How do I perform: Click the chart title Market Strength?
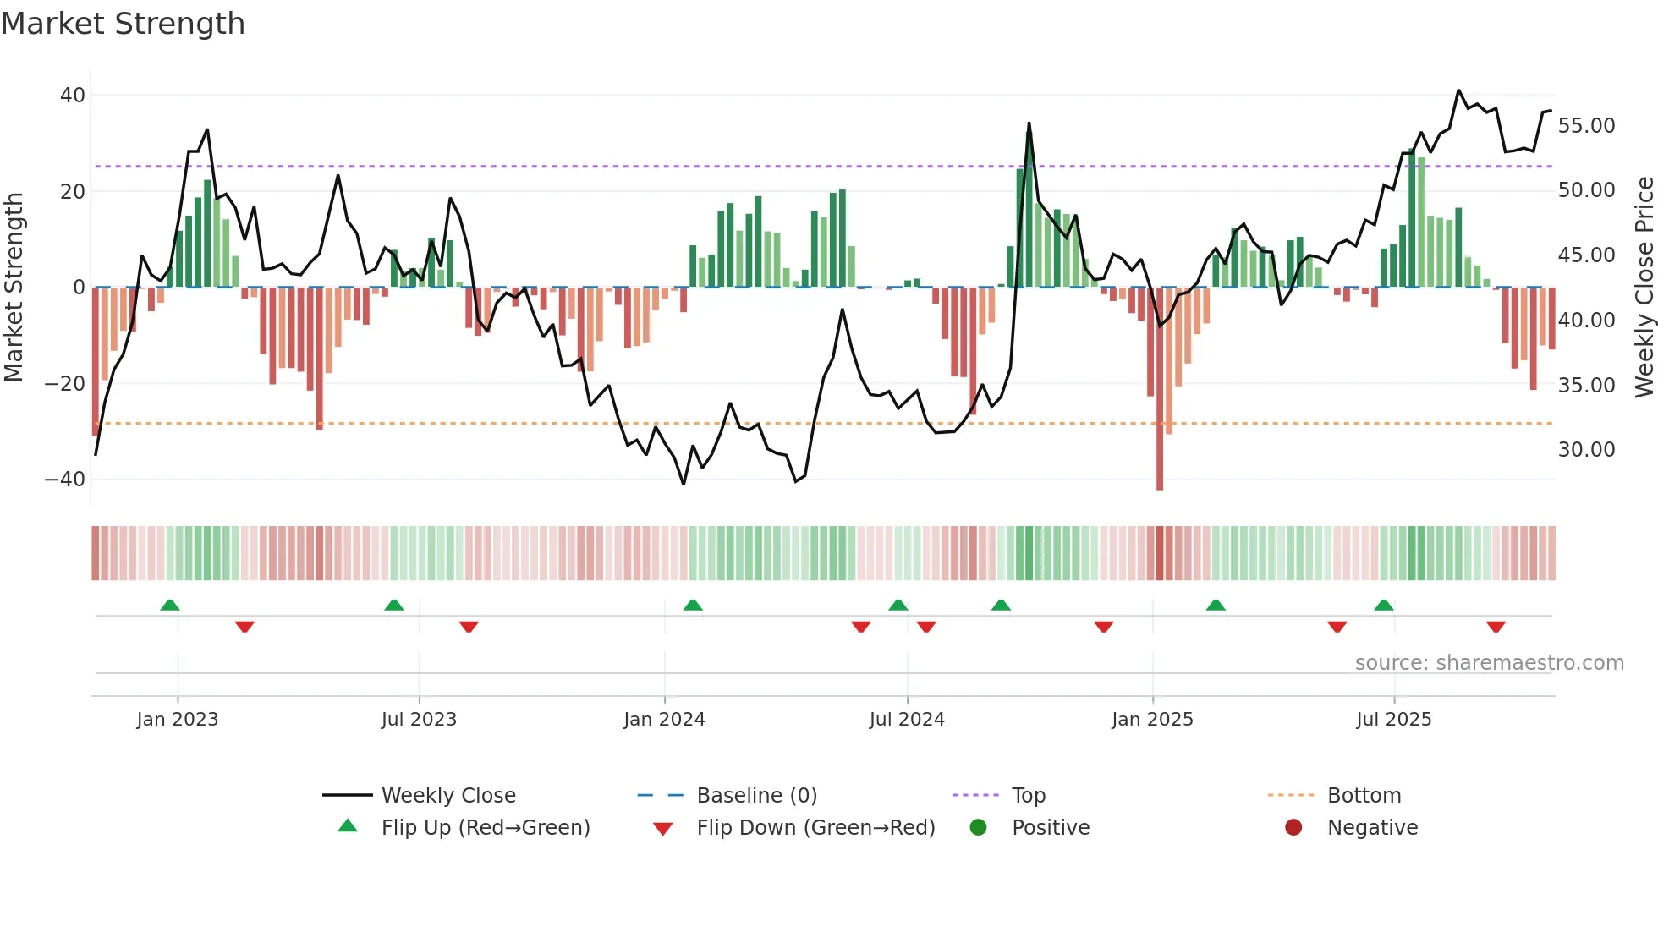pyautogui.click(x=123, y=24)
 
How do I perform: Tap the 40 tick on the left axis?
pyautogui.click(x=73, y=96)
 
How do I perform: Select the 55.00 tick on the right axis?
pyautogui.click(x=1586, y=126)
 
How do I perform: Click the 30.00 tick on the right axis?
pyautogui.click(x=1586, y=450)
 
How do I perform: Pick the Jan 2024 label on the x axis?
pyautogui.click(x=664, y=720)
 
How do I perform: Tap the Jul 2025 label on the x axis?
pyautogui.click(x=1393, y=720)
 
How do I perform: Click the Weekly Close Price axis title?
pyautogui.click(x=1644, y=288)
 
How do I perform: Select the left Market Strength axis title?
pyautogui.click(x=14, y=288)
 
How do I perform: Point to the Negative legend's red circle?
pyautogui.click(x=1293, y=828)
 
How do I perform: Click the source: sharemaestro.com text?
pyautogui.click(x=1489, y=663)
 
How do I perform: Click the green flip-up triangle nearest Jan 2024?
pyautogui.click(x=693, y=606)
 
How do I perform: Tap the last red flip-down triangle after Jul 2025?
pyautogui.click(x=1496, y=627)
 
